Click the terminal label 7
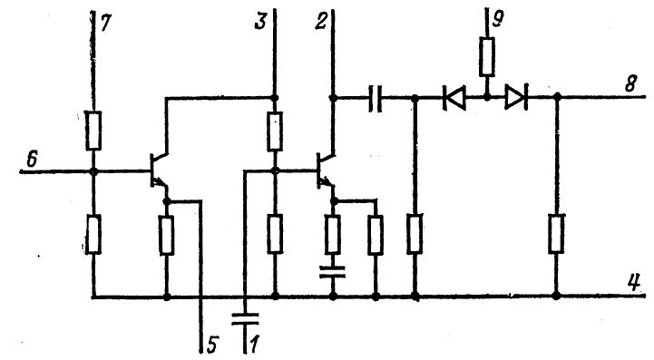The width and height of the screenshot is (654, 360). point(105,23)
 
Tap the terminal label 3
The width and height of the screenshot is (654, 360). point(260,21)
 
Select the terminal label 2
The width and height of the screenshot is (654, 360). point(321,21)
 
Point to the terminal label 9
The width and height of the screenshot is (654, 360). point(498,18)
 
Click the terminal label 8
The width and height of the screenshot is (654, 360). point(630,83)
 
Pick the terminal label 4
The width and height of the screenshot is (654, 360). point(633,283)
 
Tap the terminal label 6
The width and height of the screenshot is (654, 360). point(32,159)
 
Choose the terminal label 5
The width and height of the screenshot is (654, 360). point(212,345)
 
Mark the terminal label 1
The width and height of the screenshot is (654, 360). point(254,345)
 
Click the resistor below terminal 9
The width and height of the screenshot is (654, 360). point(487,57)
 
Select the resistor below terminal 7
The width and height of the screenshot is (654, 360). point(93,131)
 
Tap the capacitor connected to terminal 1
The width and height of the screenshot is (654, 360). point(245,318)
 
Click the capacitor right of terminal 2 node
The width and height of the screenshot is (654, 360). point(375,99)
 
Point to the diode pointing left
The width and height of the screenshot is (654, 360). point(454,98)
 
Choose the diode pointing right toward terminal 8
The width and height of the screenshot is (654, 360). point(516,98)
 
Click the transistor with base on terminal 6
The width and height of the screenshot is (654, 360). point(159,170)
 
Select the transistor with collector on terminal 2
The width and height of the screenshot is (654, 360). point(326,170)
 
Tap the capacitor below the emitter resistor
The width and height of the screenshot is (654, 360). point(332,272)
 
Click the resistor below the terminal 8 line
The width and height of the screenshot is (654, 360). point(556,234)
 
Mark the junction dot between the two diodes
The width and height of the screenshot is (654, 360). point(487,98)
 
